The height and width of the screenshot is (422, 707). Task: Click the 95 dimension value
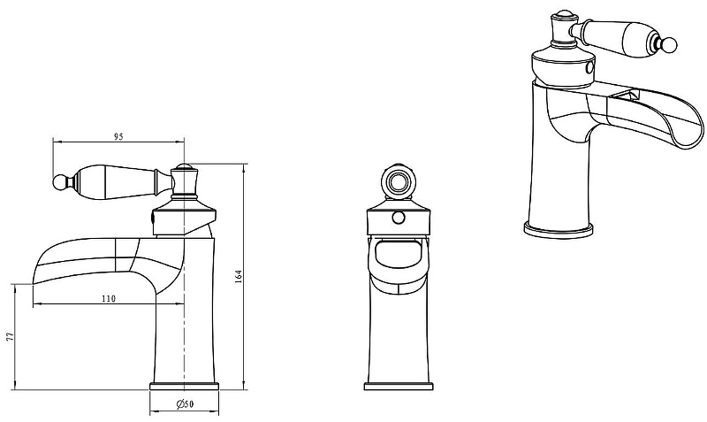118,137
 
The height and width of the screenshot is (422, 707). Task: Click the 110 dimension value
108,298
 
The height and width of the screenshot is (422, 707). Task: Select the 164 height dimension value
238,276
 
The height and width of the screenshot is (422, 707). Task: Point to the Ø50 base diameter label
185,404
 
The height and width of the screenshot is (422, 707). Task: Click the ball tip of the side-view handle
59,181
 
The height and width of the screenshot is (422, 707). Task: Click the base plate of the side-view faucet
184,386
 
